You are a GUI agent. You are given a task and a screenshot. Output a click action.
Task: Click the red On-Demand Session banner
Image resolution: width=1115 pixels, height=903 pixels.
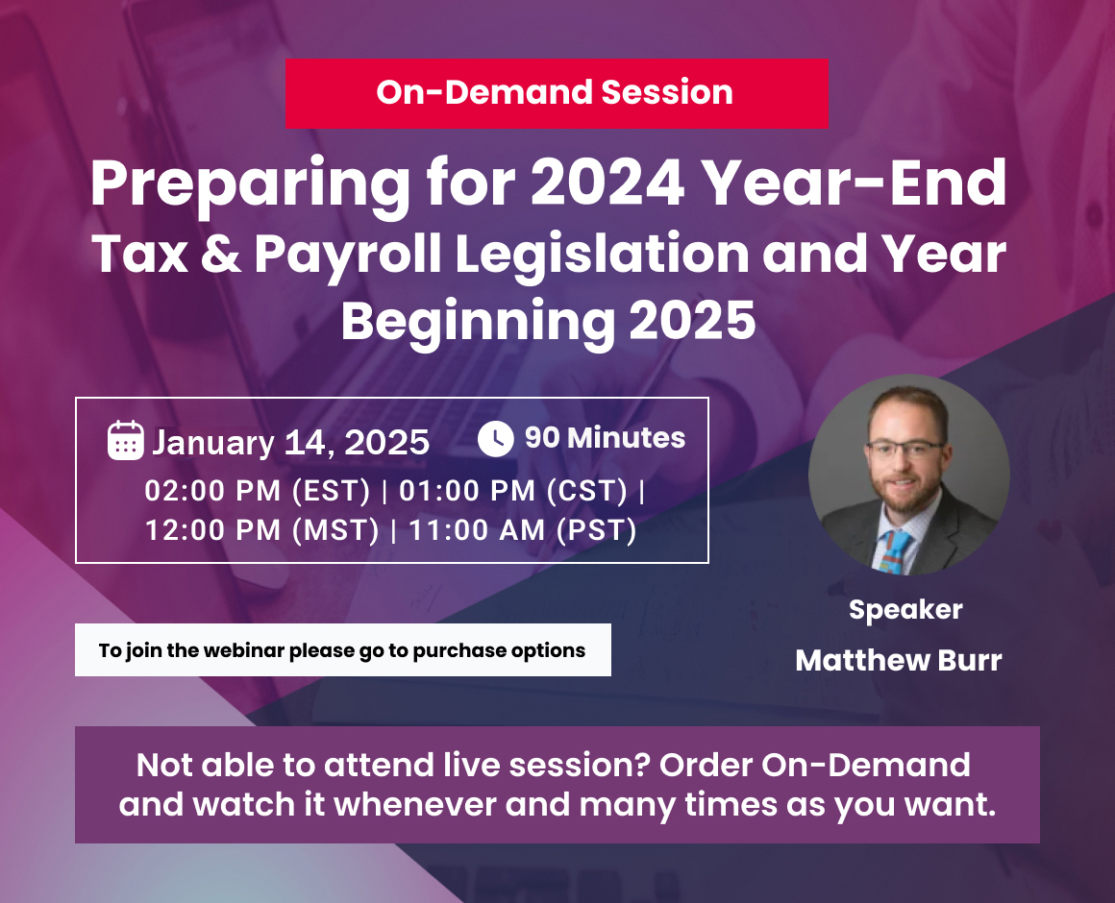(557, 93)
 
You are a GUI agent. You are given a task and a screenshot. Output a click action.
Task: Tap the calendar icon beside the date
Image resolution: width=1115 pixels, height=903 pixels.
(125, 441)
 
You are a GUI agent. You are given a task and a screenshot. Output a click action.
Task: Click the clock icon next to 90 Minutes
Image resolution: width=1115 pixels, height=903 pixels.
(496, 438)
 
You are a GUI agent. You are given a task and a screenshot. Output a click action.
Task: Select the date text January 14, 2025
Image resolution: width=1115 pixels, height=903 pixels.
(291, 442)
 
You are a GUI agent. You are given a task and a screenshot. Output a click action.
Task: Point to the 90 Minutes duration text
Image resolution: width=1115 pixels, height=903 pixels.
(606, 438)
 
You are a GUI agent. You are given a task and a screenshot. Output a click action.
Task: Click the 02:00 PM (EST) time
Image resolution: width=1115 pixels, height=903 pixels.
(258, 491)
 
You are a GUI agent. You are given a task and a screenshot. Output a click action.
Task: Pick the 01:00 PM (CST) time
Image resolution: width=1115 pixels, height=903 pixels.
(513, 491)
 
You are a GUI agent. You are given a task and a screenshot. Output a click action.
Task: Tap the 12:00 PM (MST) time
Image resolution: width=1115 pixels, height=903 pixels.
(262, 530)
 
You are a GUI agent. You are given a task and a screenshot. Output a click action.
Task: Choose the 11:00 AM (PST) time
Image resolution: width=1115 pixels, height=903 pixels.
(523, 530)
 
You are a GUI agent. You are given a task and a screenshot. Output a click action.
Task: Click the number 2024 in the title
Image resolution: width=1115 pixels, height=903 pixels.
(608, 183)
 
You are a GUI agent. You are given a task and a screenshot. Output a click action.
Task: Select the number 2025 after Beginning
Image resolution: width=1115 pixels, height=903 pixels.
(693, 321)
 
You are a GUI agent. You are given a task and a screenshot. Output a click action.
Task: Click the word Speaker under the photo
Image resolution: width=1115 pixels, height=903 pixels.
(905, 610)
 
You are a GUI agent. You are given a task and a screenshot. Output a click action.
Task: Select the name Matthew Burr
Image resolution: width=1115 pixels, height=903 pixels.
(899, 660)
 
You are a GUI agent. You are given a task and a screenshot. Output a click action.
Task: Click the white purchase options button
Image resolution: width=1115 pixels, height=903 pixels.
(343, 650)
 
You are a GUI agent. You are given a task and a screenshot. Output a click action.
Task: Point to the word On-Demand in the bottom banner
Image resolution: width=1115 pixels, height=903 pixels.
(866, 766)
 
